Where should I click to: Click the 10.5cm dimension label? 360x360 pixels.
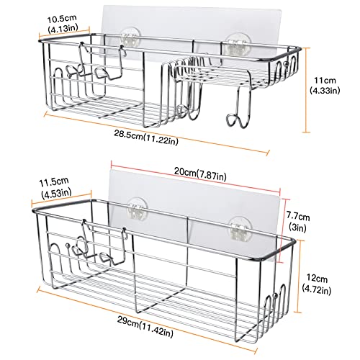point(61,19)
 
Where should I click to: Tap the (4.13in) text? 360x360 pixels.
point(63,28)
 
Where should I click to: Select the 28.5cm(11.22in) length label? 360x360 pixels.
point(146,138)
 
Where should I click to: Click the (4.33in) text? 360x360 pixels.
point(325,91)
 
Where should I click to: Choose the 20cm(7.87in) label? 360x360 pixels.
point(200,174)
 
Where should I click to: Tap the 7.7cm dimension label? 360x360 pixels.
point(298,217)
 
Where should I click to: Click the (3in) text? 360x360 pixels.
point(298,227)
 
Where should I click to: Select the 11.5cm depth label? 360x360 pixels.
point(54,181)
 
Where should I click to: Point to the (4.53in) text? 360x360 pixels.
point(56,193)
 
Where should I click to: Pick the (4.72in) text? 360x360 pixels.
point(317,289)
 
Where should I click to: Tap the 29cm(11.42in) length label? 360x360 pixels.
point(145,326)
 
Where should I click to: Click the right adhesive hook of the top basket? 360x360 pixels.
point(235,46)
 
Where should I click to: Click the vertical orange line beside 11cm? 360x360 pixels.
point(305,90)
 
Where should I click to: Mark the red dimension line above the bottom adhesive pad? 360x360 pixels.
point(196,177)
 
